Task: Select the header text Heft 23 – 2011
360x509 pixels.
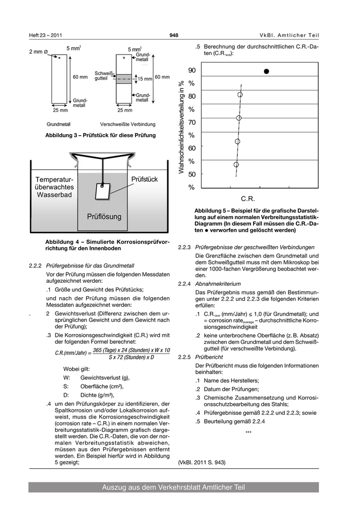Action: click(46, 35)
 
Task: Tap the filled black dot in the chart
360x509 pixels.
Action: click(266, 71)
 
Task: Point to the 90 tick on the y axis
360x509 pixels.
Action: click(191, 70)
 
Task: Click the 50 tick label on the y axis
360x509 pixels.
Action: click(191, 175)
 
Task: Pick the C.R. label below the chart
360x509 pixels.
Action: click(248, 198)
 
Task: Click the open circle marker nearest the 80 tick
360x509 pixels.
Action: click(240, 95)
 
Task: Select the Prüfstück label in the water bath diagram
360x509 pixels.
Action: click(145, 179)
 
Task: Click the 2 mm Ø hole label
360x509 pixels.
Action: click(39, 52)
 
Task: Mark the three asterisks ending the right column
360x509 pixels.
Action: click(248, 432)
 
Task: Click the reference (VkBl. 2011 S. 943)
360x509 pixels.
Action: click(202, 462)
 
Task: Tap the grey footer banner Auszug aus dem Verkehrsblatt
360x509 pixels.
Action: click(173, 487)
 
